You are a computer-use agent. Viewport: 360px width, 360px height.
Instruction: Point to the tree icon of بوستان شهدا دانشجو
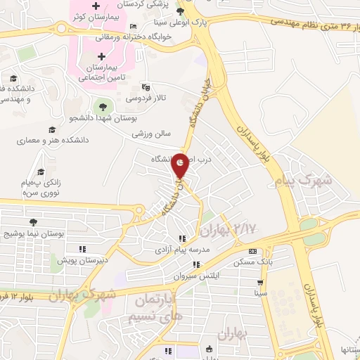103,106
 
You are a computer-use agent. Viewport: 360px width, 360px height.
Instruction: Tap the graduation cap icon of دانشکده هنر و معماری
51,129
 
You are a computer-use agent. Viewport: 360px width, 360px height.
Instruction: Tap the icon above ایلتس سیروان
196,264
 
